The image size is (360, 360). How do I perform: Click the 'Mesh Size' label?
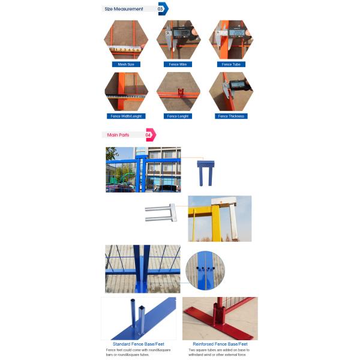[x=126, y=64]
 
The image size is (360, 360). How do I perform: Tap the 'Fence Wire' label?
[x=178, y=64]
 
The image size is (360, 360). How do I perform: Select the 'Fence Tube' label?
[x=231, y=64]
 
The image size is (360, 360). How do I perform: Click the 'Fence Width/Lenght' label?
[x=126, y=116]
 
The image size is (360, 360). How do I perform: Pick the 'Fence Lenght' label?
[x=178, y=116]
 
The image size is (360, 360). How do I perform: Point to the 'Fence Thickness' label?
[x=231, y=116]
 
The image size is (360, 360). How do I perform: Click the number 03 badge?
[x=161, y=9]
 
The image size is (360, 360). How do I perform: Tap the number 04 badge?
[x=149, y=135]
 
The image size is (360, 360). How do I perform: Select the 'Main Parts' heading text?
[x=118, y=135]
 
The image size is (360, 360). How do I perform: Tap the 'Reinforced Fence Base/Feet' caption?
[x=220, y=344]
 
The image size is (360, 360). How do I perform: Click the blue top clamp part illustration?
[x=206, y=171]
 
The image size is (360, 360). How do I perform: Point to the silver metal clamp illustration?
[x=161, y=213]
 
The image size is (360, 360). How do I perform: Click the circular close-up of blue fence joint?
[x=205, y=271]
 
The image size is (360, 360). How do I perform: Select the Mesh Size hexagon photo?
[x=126, y=40]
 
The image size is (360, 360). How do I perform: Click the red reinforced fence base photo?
[x=220, y=318]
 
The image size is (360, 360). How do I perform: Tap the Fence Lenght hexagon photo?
[x=178, y=91]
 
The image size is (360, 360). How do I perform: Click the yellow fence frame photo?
[x=220, y=218]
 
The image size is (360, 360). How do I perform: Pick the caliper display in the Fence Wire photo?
[x=182, y=32]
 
